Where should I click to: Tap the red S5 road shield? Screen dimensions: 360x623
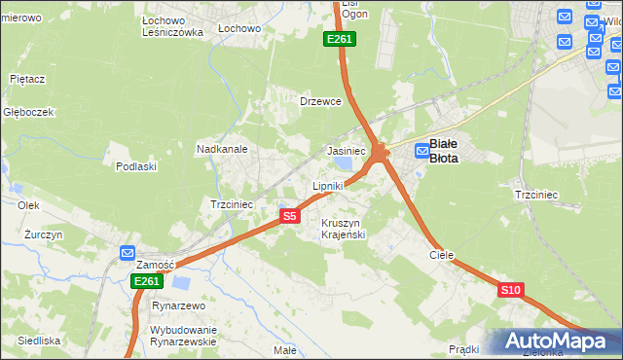(x=289, y=216)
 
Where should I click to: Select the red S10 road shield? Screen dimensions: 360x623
(x=511, y=290)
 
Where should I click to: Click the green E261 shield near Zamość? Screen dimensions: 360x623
(x=146, y=281)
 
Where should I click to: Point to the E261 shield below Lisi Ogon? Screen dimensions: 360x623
(x=340, y=39)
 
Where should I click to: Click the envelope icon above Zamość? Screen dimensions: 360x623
(x=128, y=253)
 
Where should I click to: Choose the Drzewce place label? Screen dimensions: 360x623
(x=320, y=101)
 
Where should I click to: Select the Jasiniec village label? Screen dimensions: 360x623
(x=346, y=152)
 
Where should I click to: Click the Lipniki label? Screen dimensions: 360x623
(x=328, y=185)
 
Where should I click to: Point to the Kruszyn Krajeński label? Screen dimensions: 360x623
(x=343, y=229)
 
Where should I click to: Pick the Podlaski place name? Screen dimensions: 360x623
(x=136, y=166)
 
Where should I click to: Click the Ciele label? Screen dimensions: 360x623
(x=442, y=255)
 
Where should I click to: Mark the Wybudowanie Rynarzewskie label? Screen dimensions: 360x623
(x=182, y=335)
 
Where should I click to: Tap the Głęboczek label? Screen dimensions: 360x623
(x=28, y=112)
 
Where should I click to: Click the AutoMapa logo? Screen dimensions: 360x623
(x=554, y=341)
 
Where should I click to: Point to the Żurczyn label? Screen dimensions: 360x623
(x=44, y=235)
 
